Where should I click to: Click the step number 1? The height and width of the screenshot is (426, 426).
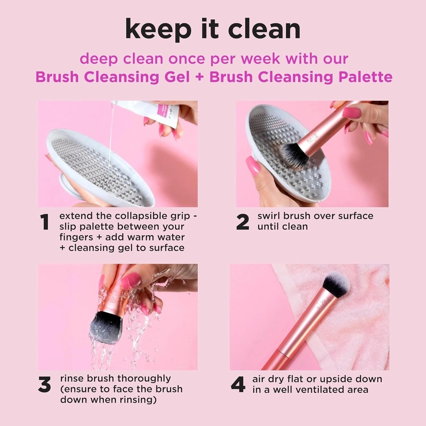[45, 223]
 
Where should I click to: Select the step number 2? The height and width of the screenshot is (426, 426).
[243, 223]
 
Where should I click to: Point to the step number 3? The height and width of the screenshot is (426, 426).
[45, 385]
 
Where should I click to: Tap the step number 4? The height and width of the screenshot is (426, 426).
[238, 385]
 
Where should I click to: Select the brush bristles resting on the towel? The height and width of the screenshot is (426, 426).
[336, 285]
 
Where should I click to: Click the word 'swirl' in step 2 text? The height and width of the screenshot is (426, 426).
[269, 216]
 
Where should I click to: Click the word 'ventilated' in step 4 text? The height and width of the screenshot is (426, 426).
[320, 390]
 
